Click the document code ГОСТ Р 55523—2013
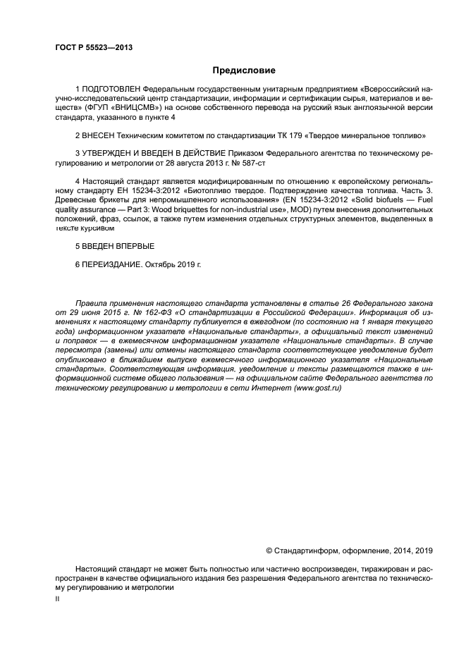click(x=93, y=47)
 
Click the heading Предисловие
click(x=244, y=70)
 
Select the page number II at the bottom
click(x=57, y=598)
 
